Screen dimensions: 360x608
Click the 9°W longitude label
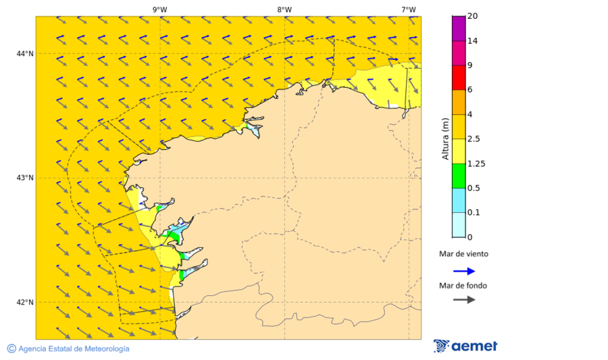(160, 9)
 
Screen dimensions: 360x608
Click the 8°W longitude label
(284, 9)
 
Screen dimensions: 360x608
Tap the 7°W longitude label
(408, 9)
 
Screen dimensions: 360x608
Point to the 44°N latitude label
(26, 53)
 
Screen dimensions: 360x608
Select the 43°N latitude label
(26, 178)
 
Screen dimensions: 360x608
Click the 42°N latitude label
(26, 302)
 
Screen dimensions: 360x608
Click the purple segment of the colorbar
(459, 28)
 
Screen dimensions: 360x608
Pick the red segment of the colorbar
(459, 77)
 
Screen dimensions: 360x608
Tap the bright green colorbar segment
(459, 176)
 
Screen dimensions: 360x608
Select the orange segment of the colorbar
(459, 102)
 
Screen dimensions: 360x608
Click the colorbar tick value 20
(474, 16)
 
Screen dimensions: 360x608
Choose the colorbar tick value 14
(474, 41)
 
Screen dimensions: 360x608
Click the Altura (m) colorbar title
(445, 138)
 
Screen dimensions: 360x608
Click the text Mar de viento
(463, 255)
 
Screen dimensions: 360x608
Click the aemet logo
(465, 346)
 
